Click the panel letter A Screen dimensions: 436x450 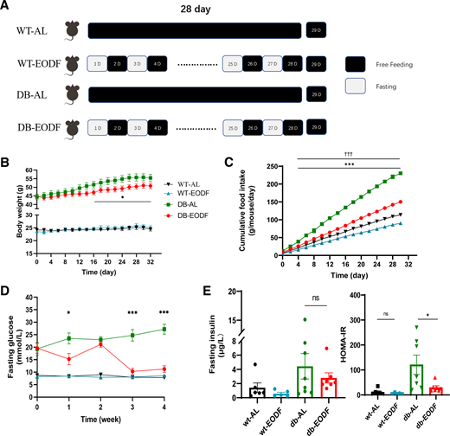pos(7,7)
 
